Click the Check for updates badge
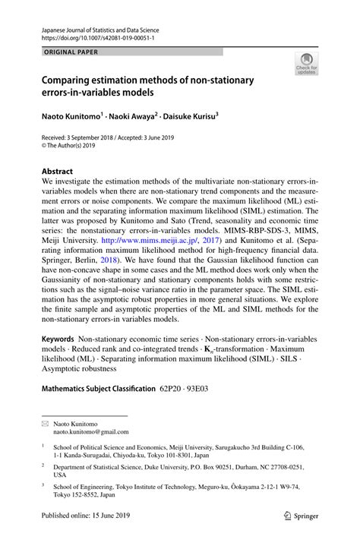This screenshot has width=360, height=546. [306, 64]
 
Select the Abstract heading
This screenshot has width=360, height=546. [57, 172]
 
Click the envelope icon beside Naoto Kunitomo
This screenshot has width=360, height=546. [46, 424]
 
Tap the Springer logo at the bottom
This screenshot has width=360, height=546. [302, 515]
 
